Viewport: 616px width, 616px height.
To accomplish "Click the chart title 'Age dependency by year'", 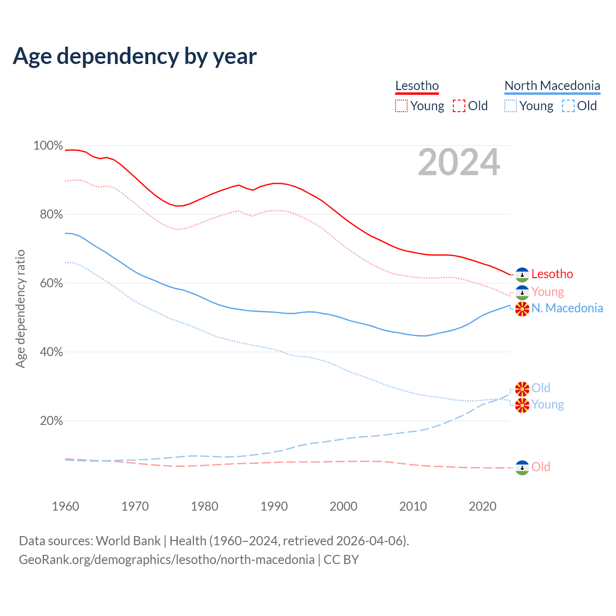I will pos(135,56).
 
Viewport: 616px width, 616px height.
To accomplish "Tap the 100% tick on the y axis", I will pos(48,145).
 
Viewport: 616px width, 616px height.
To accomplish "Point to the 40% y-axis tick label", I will pos(51,352).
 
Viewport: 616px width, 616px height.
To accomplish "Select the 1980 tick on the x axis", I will pos(205,506).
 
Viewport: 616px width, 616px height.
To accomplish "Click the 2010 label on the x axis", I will pos(413,506).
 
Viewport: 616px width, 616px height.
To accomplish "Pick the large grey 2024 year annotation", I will pos(459,162).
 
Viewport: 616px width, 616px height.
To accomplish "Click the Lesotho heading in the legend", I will pos(417,86).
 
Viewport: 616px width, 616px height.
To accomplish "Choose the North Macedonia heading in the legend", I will pos(552,86).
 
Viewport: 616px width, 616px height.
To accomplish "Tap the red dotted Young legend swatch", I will pos(401,106).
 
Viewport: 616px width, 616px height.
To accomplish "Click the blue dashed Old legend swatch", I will pos(568,106).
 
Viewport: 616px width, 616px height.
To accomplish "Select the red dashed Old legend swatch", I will pos(459,106).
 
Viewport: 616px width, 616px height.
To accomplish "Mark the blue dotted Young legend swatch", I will pos(510,106).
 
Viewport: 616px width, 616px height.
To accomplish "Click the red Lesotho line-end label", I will pos(552,274).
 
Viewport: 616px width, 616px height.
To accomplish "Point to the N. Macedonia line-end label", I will pos(567,308).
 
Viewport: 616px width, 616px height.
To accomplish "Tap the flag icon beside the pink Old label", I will pos(522,467).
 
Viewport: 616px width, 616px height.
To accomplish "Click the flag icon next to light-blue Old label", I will pos(522,388).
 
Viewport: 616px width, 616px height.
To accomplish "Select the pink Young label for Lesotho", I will pos(548,292).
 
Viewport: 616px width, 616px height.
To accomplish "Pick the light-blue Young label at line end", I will pos(548,404).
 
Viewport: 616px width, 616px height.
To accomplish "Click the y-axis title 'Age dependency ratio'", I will pos(20,308).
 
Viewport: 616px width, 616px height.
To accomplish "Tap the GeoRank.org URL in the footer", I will pos(167,560).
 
